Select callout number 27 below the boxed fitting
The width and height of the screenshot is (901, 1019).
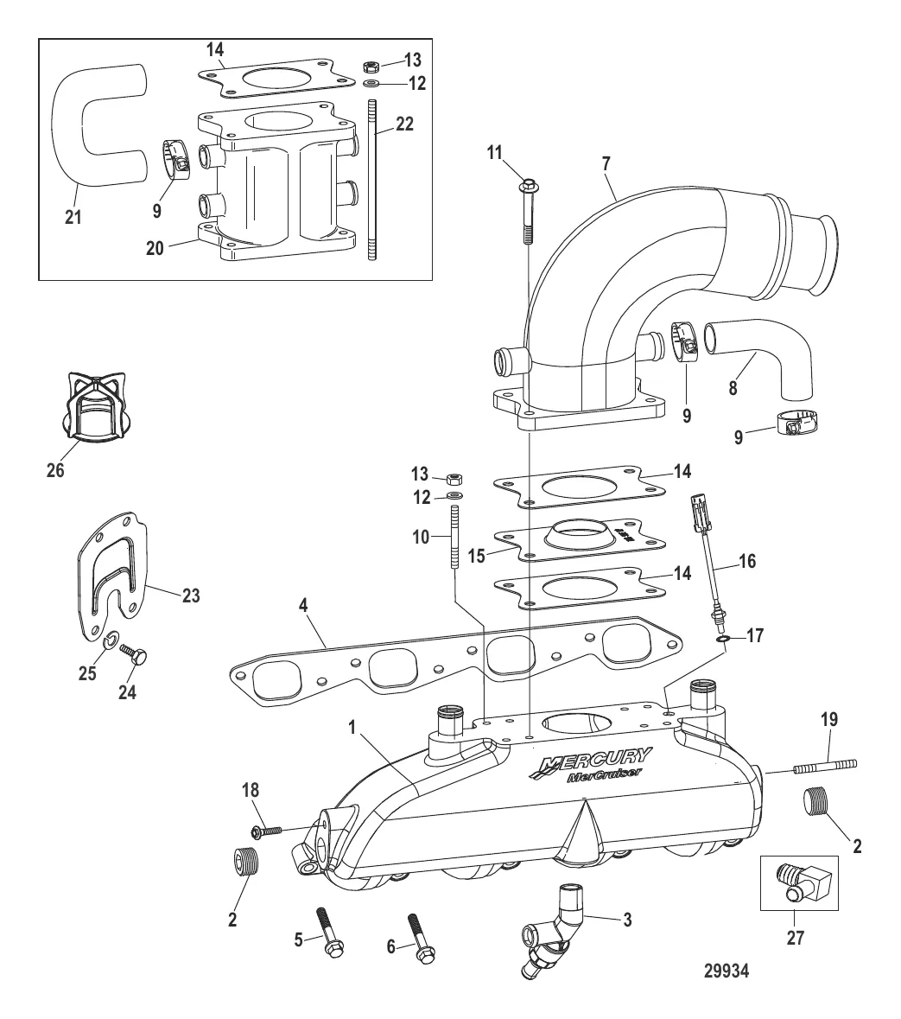point(795,937)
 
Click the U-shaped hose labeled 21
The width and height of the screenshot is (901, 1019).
point(86,130)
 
